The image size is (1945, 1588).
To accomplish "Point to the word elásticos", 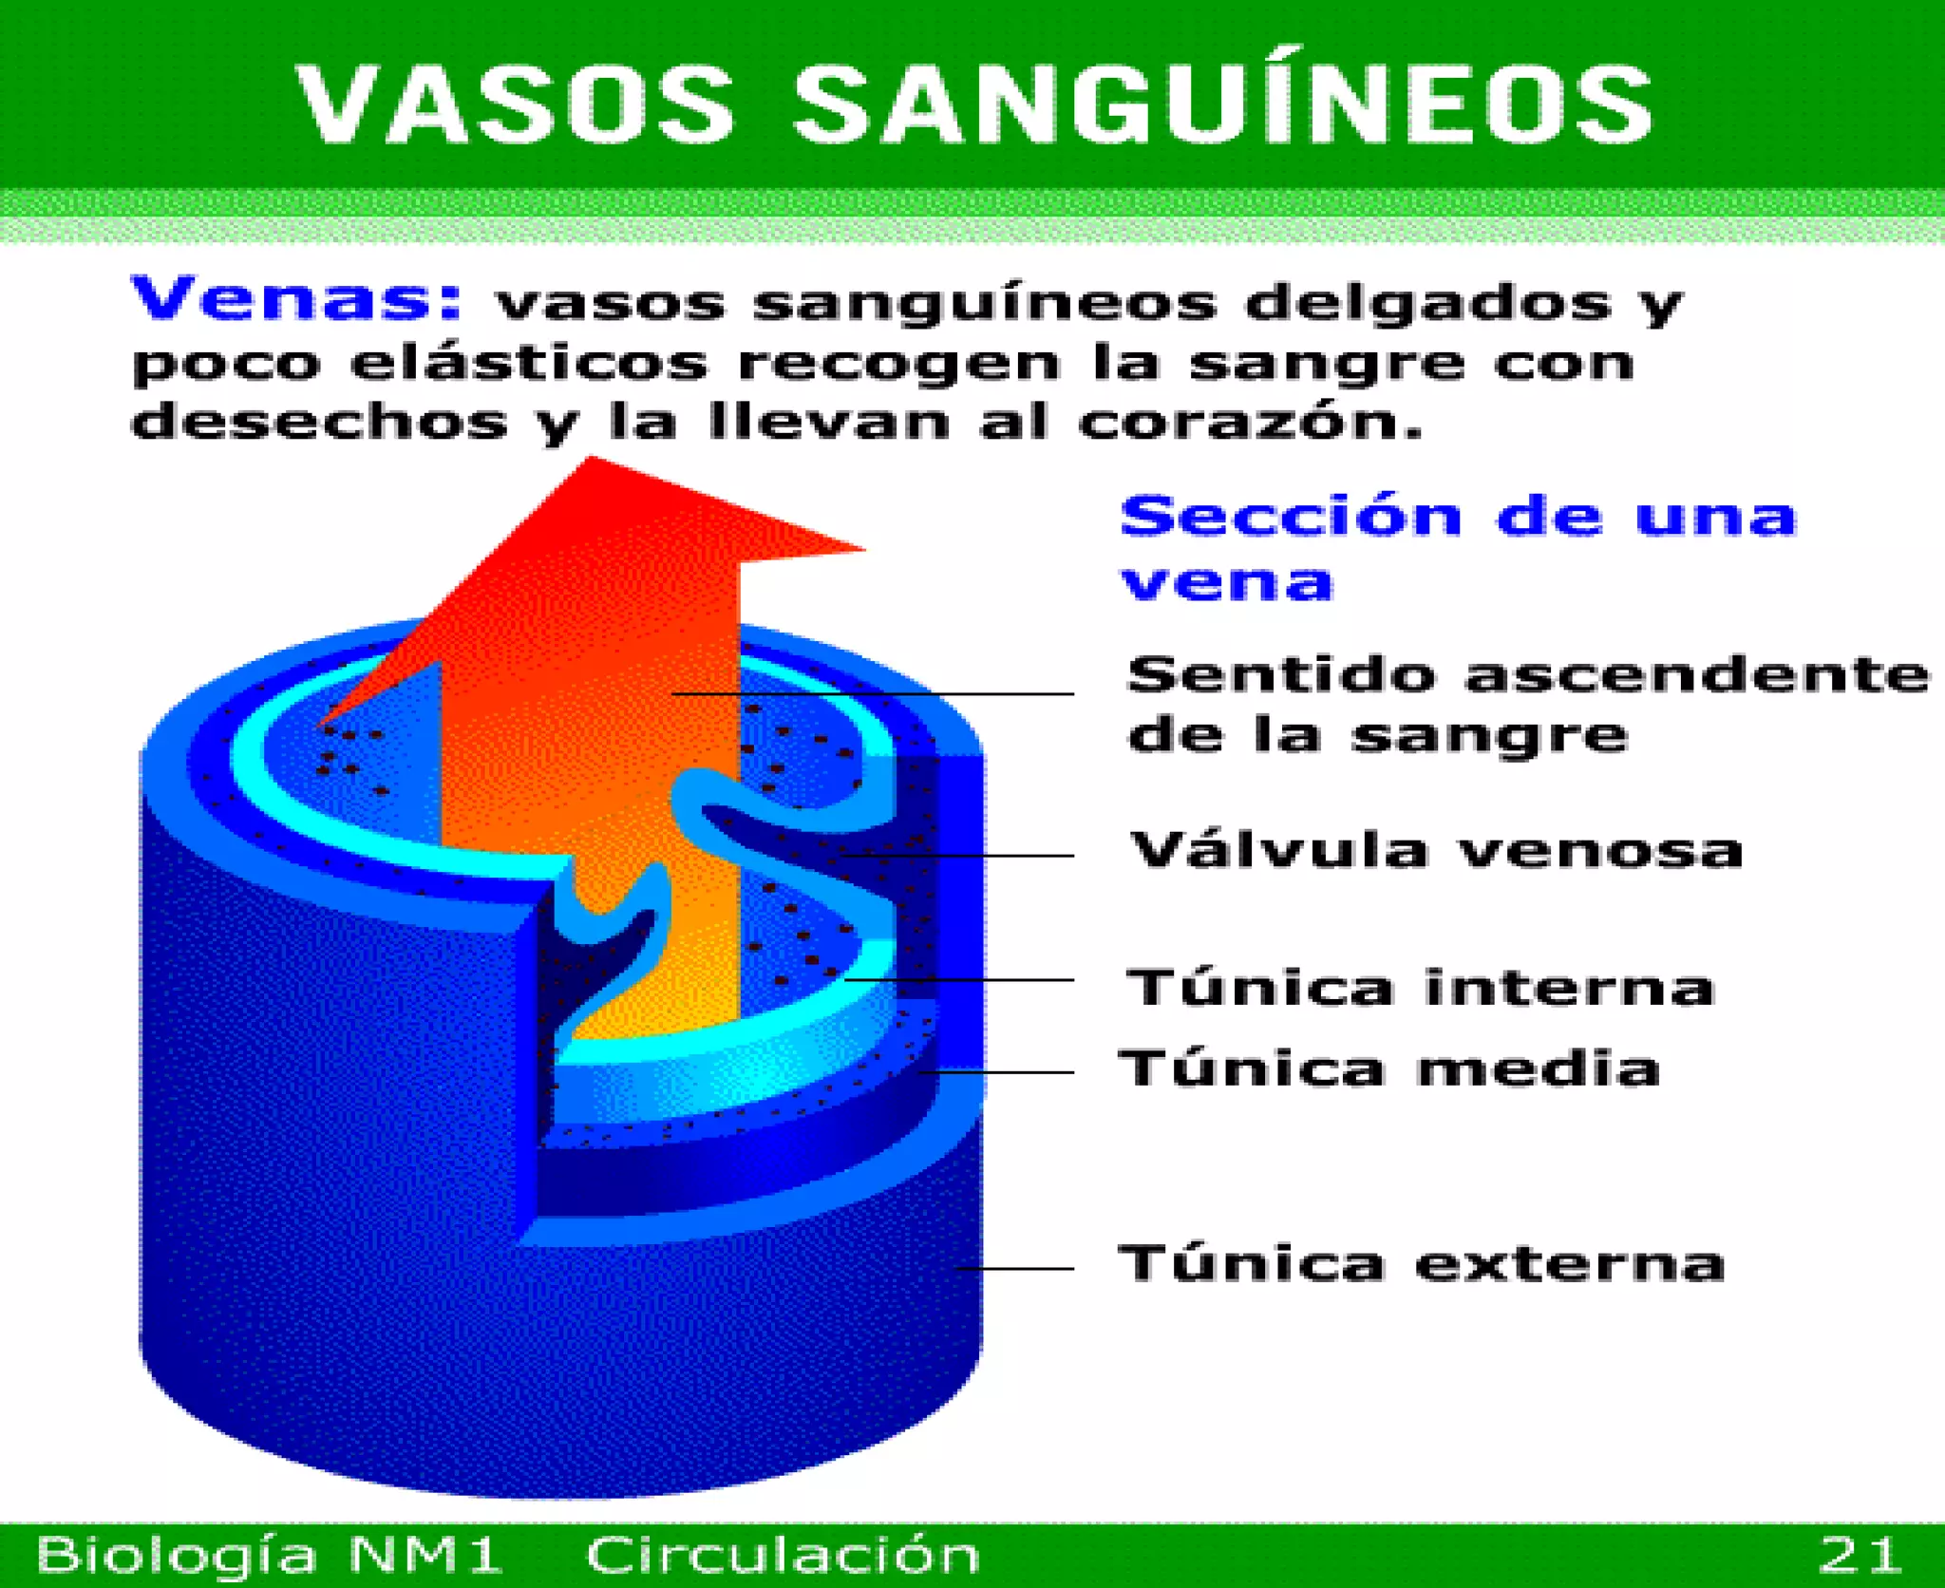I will point(528,363).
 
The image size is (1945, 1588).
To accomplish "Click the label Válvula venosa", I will point(1435,849).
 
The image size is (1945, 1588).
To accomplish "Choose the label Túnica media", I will point(1389,1068).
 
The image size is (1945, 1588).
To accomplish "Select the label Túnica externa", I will point(1420,1264).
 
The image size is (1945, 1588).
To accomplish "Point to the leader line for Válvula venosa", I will point(959,856).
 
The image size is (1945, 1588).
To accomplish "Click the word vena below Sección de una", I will point(1226,583).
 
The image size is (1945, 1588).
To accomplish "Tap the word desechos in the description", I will point(319,423).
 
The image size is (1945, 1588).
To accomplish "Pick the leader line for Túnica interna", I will point(959,979).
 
